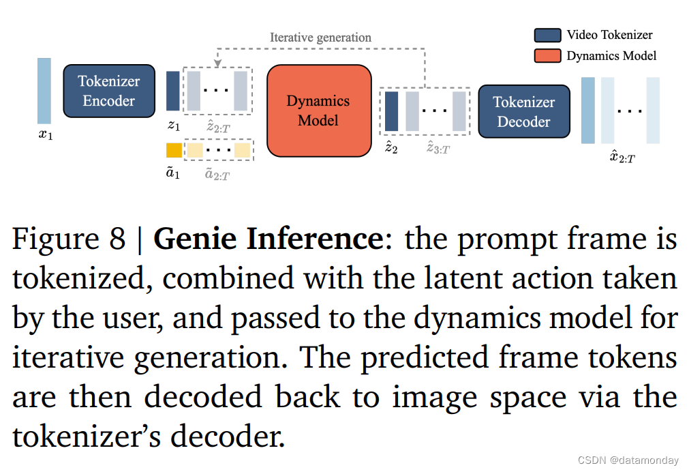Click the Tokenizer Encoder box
pyautogui.click(x=109, y=91)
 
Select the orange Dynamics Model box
pyautogui.click(x=318, y=110)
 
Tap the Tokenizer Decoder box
pyautogui.click(x=523, y=112)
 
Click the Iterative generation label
pyautogui.click(x=320, y=38)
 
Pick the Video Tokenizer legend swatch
pyautogui.click(x=547, y=35)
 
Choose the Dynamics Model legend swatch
pyautogui.click(x=547, y=55)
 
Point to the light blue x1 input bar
pyautogui.click(x=44, y=91)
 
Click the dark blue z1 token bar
pyautogui.click(x=173, y=91)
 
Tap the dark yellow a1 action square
pyautogui.click(x=174, y=150)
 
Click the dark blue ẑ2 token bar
pyautogui.click(x=391, y=111)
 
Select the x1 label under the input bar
pyautogui.click(x=45, y=134)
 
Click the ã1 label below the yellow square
pyautogui.click(x=173, y=173)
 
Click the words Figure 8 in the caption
pyautogui.click(x=69, y=239)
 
